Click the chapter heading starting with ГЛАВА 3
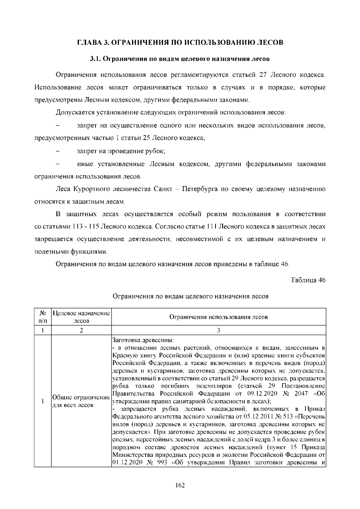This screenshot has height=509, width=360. (180, 42)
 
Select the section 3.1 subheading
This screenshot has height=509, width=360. (180, 59)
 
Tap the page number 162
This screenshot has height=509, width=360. (180, 485)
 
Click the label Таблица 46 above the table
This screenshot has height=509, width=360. (308, 280)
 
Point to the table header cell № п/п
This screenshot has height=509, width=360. (43, 317)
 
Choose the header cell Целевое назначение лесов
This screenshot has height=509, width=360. (81, 317)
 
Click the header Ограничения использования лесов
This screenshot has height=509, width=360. (218, 317)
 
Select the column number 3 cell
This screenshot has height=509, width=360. (218, 330)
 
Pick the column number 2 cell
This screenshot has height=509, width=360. (81, 330)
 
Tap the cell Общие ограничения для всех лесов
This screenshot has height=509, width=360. (80, 401)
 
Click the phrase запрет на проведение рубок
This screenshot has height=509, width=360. (121, 151)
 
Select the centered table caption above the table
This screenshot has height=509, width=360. (190, 296)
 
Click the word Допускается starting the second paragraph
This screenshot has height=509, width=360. (75, 113)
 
